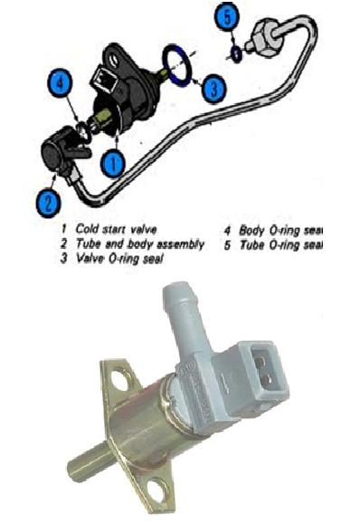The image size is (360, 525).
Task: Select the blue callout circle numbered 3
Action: pos(212,88)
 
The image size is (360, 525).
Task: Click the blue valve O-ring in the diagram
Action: pos(178,65)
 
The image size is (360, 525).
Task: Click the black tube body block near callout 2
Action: pos(63,150)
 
